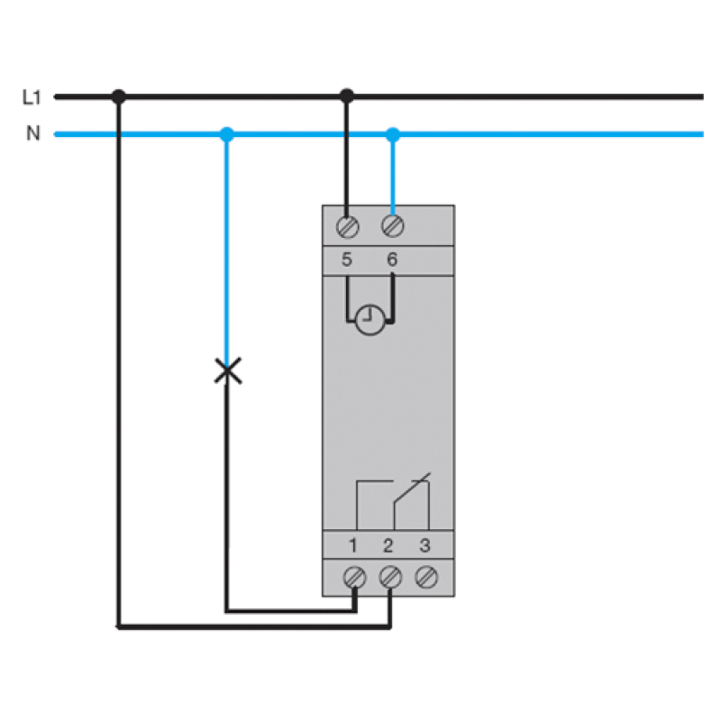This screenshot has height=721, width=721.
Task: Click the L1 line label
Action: (32, 97)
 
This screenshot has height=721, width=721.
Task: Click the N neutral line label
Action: (33, 133)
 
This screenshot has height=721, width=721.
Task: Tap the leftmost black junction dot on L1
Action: (119, 96)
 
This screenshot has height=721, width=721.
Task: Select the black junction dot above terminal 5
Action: (347, 96)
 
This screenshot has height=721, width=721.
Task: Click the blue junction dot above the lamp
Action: (227, 134)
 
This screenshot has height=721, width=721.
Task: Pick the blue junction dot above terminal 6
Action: (393, 134)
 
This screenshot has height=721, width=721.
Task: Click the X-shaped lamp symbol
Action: (228, 370)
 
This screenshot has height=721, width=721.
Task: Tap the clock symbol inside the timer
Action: (370, 320)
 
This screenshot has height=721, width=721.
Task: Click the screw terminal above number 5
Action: (347, 227)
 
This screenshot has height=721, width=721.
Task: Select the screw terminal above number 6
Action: (393, 226)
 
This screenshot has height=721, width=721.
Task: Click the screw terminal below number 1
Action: (354, 577)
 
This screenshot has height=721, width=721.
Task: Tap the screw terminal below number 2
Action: (390, 577)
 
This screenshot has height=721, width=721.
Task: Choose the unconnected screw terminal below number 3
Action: (426, 577)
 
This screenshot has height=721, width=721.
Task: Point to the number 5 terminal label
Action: (347, 260)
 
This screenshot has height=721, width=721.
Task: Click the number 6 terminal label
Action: (392, 260)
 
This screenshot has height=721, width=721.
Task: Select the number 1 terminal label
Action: (353, 546)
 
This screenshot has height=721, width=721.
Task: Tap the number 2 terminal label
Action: (388, 546)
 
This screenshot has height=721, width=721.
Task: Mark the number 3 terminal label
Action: (424, 546)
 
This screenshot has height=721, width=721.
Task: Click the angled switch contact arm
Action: (412, 488)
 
